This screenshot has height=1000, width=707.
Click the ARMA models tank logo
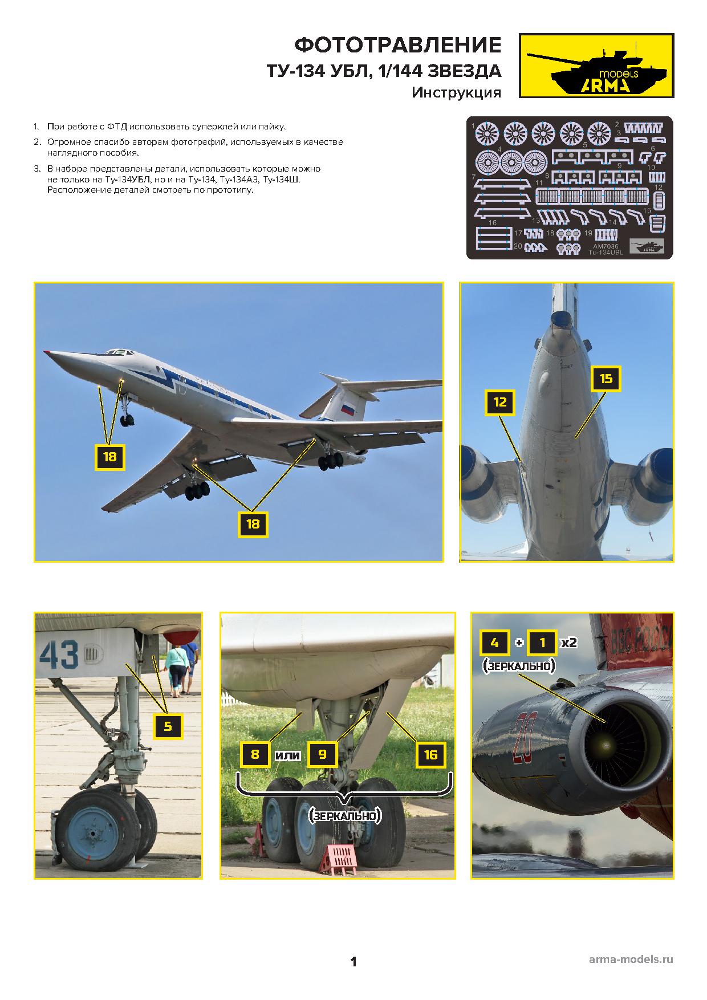click(596, 65)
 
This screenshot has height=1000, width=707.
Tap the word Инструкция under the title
click(456, 92)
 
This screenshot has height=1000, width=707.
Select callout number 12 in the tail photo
click(499, 403)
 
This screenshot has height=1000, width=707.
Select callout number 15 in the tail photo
click(606, 379)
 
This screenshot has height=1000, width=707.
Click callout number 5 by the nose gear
click(168, 726)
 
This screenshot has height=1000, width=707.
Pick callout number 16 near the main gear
click(430, 755)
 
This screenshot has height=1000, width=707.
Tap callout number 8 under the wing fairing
click(255, 755)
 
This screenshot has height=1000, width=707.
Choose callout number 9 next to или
click(322, 755)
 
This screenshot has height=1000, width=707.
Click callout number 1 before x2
click(542, 643)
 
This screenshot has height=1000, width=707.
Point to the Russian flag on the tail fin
click(348, 408)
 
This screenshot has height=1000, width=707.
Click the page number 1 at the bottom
click(353, 962)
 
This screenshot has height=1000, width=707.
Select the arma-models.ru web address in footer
click(631, 960)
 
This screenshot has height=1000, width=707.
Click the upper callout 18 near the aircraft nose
click(109, 457)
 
